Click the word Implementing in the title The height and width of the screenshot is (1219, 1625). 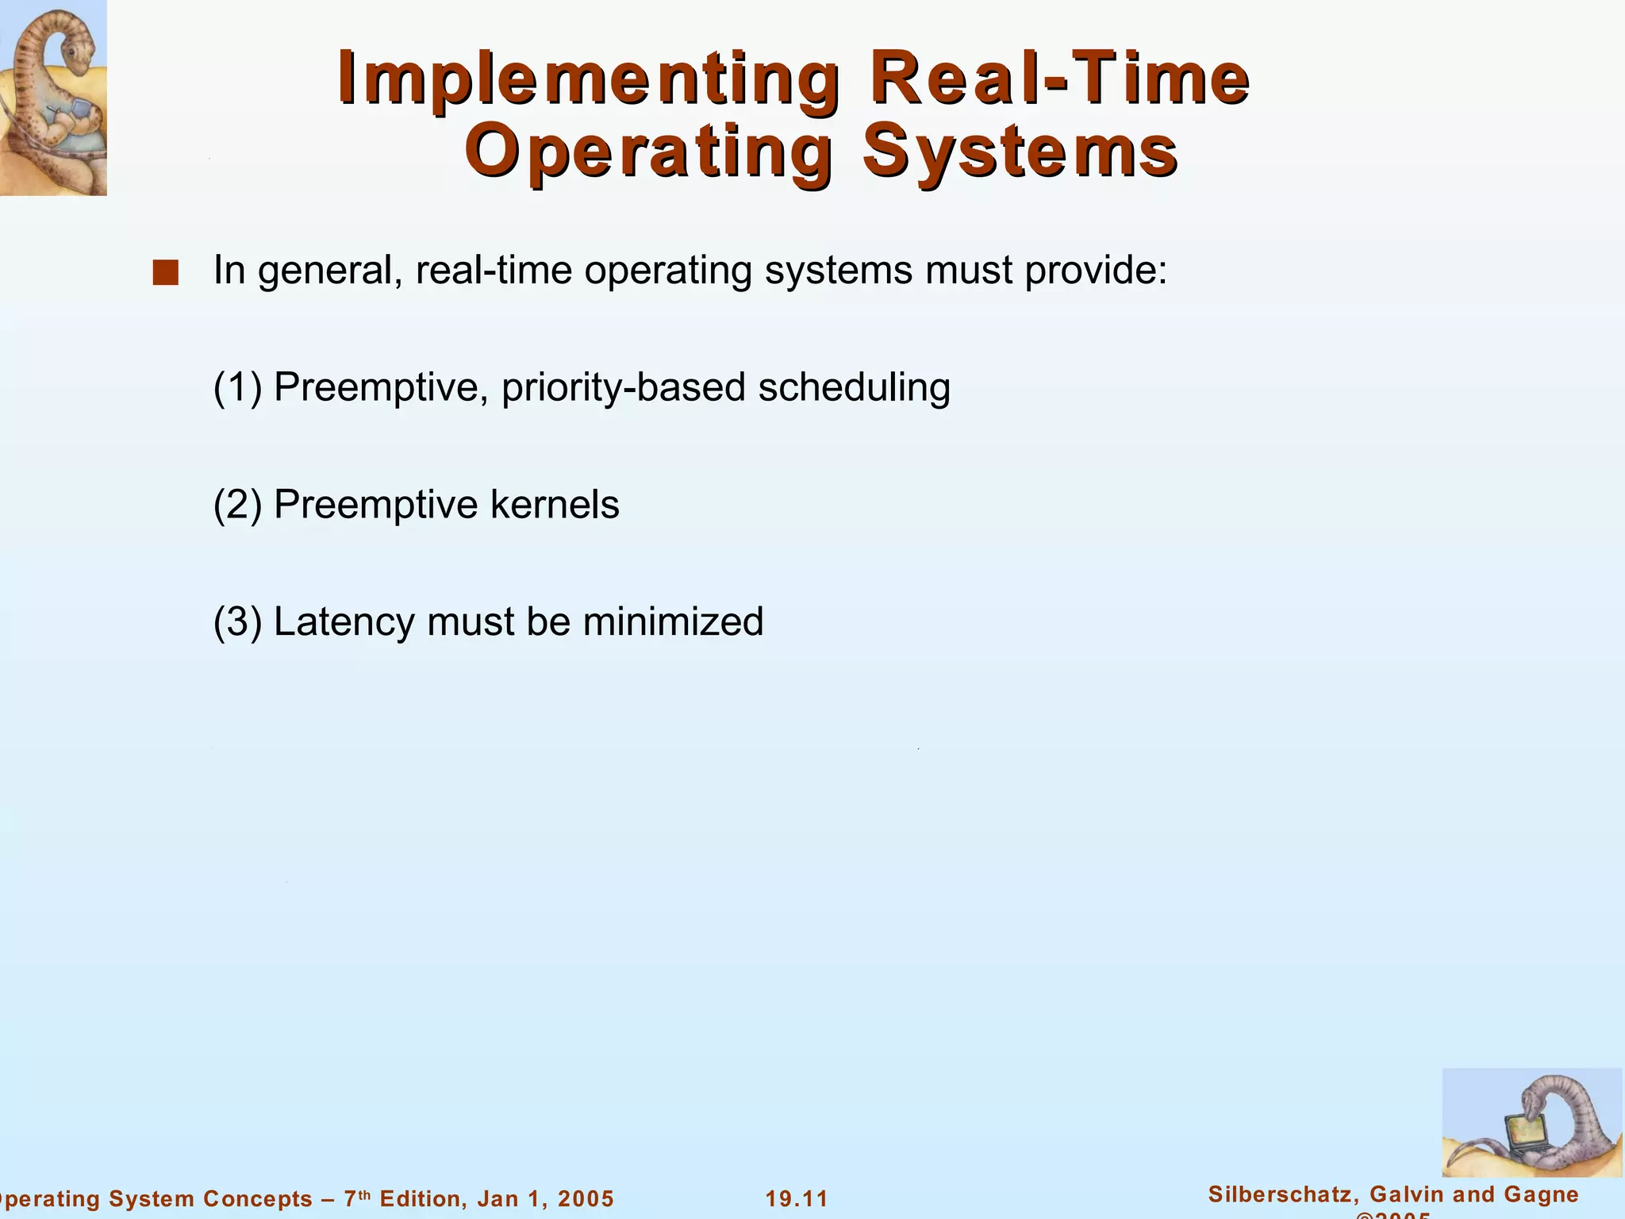pyautogui.click(x=587, y=79)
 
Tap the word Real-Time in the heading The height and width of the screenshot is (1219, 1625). pyautogui.click(x=1059, y=79)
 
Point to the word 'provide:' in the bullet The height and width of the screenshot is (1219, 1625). pyautogui.click(x=1096, y=271)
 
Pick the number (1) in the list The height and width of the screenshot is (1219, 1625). pyautogui.click(x=237, y=388)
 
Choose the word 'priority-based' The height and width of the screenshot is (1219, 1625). pyautogui.click(x=623, y=388)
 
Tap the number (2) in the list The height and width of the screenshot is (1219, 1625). pyautogui.click(x=237, y=505)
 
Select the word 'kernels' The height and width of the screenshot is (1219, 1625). pyautogui.click(x=555, y=505)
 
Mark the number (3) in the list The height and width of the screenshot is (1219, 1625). pyautogui.click(x=237, y=621)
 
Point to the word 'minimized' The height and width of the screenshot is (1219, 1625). pyautogui.click(x=673, y=621)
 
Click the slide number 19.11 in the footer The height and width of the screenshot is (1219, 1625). pyautogui.click(x=797, y=1199)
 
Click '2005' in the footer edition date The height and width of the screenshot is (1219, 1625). pyautogui.click(x=586, y=1199)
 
